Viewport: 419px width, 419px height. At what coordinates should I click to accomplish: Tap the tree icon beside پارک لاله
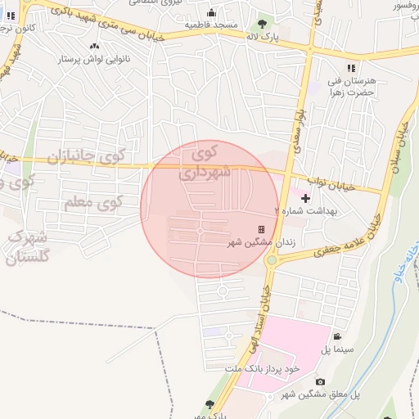tap(262, 23)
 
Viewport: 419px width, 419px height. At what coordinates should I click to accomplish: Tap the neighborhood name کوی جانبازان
tap(85, 155)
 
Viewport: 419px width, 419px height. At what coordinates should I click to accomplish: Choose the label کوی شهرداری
tap(205, 162)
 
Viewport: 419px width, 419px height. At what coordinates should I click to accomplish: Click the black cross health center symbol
tap(305, 198)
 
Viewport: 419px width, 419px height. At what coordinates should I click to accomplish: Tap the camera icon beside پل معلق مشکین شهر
tap(320, 382)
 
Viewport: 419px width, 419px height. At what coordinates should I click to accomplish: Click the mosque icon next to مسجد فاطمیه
tap(212, 12)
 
